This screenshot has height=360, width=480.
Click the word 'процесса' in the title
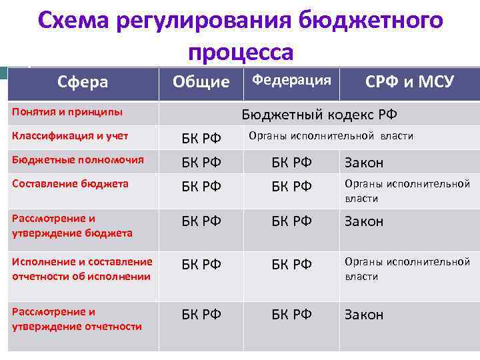coord(240,51)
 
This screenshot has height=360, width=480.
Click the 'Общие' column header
coord(201,83)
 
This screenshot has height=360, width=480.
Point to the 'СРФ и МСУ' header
coord(409,83)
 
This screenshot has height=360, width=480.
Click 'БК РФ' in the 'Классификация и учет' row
coord(201,138)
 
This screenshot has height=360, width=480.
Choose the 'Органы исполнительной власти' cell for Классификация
coord(331,136)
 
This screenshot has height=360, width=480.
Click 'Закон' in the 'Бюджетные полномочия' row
coord(364,163)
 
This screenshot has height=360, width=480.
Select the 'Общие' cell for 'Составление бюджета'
coord(201,186)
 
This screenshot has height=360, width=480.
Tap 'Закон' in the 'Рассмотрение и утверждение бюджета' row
coord(364,221)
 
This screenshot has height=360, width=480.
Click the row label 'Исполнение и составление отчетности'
coord(82,269)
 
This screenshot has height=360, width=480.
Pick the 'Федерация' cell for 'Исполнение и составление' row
coord(291,264)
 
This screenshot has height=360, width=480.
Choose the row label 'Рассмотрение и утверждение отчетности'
coord(77,319)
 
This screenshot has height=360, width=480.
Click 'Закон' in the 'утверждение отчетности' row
coord(364,315)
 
